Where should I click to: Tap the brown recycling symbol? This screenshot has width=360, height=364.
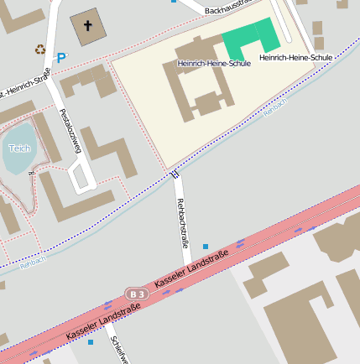[x=39, y=49]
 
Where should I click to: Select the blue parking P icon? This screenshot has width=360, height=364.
[x=60, y=58]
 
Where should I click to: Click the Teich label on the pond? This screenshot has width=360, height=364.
[x=19, y=148]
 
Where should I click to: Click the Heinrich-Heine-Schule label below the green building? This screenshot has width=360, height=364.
[x=295, y=57]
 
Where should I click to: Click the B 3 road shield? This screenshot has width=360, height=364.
[x=138, y=294]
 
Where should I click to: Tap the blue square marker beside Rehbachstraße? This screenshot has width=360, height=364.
[x=206, y=247]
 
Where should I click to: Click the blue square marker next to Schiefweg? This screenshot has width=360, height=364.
[x=91, y=342]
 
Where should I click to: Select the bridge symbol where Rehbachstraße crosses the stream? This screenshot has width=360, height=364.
[x=175, y=175]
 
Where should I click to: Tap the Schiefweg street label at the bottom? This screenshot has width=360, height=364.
[x=118, y=351]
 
